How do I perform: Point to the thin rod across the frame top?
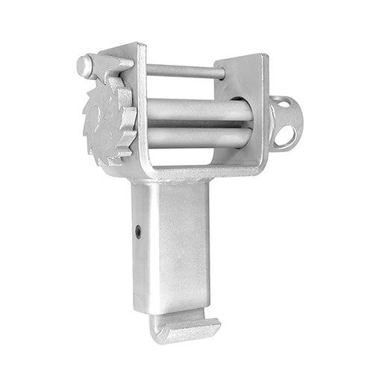[183, 72]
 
